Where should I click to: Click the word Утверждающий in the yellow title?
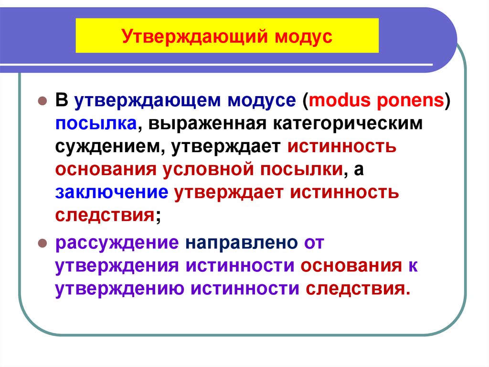tap(191, 36)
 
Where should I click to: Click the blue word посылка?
tap(96, 123)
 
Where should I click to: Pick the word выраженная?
tap(208, 123)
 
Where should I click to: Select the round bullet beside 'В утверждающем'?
tap(42, 101)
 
